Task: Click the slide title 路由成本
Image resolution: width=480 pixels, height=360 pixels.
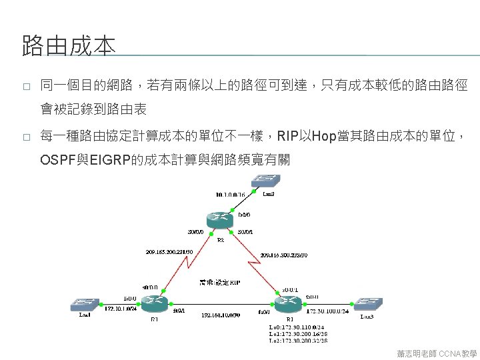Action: [x=69, y=47]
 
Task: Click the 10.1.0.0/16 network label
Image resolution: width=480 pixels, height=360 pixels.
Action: [x=230, y=195]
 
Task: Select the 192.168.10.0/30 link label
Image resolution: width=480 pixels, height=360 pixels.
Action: [x=221, y=315]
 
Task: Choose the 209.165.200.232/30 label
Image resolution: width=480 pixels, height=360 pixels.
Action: [x=284, y=255]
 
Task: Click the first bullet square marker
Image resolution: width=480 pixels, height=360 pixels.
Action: [x=25, y=87]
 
